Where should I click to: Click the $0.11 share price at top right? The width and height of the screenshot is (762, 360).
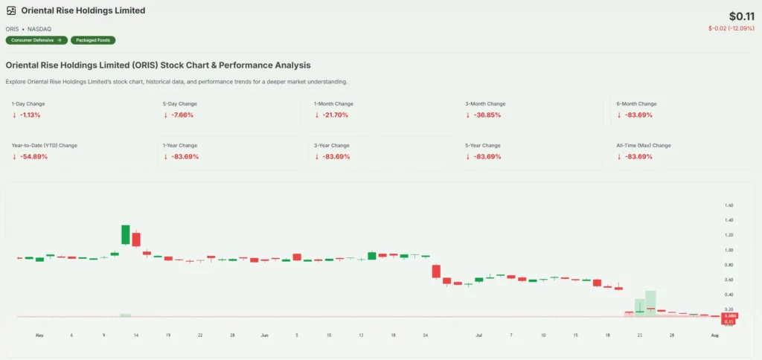point(742,16)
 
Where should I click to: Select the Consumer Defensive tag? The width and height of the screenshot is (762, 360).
point(36,40)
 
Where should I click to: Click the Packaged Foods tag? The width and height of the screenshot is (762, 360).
point(93,40)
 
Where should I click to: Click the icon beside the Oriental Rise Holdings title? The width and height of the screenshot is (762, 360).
point(11,11)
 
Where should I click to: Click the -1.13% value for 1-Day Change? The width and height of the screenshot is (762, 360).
point(31,115)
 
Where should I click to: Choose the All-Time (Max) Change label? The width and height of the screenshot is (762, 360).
point(644,145)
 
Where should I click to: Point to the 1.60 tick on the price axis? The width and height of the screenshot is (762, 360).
point(729,205)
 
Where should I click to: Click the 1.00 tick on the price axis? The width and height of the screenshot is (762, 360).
point(729,250)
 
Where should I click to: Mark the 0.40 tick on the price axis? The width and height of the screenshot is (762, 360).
point(729,295)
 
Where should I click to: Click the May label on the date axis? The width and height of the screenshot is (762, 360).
point(39,335)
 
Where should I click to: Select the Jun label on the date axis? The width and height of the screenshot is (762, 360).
point(265,335)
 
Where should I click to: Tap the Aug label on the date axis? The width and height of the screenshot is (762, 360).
point(714,335)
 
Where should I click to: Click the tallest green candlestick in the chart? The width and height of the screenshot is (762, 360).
point(126,234)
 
